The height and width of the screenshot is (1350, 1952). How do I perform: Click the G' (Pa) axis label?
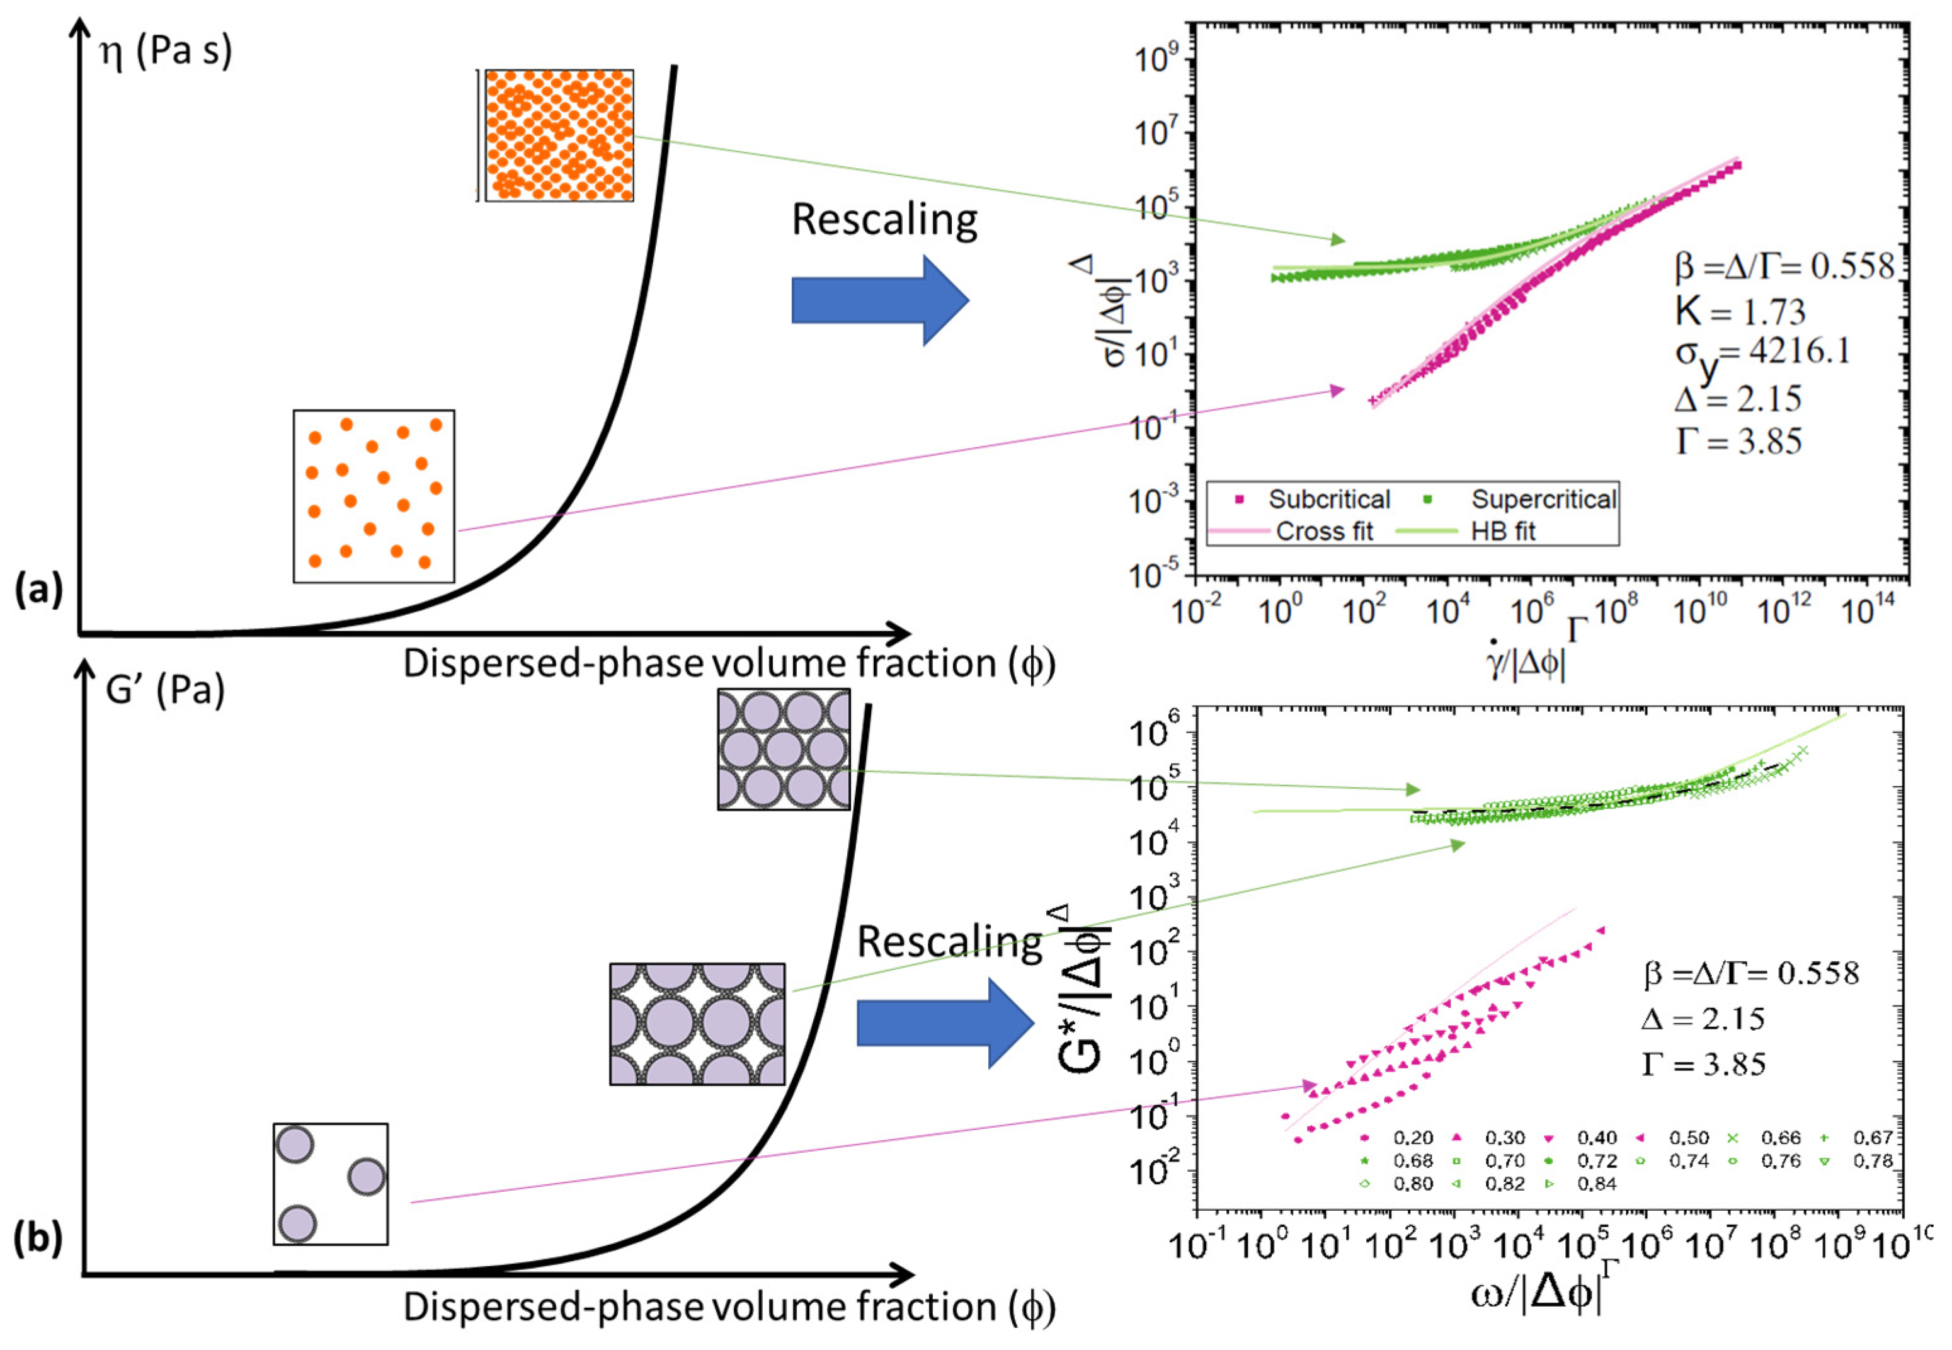click(x=165, y=691)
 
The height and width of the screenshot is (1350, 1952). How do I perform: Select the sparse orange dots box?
click(x=374, y=496)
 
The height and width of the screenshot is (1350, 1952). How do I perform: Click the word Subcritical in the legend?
click(x=1328, y=500)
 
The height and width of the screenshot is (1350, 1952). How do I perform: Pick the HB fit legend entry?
click(x=1502, y=531)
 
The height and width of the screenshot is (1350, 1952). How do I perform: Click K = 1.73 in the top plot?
click(x=1740, y=312)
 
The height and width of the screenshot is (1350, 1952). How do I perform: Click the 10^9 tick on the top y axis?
click(x=1155, y=61)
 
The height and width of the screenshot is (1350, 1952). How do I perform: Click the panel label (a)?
click(x=38, y=590)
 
